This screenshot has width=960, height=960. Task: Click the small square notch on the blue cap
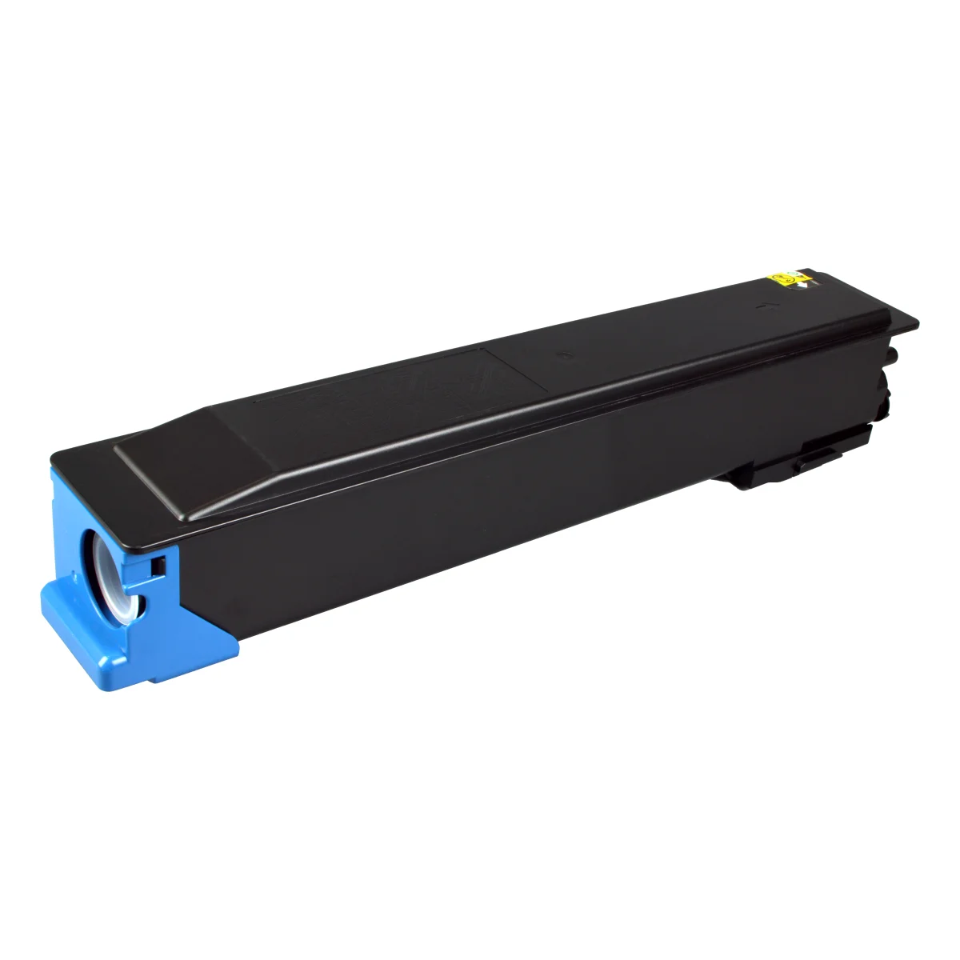158,566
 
